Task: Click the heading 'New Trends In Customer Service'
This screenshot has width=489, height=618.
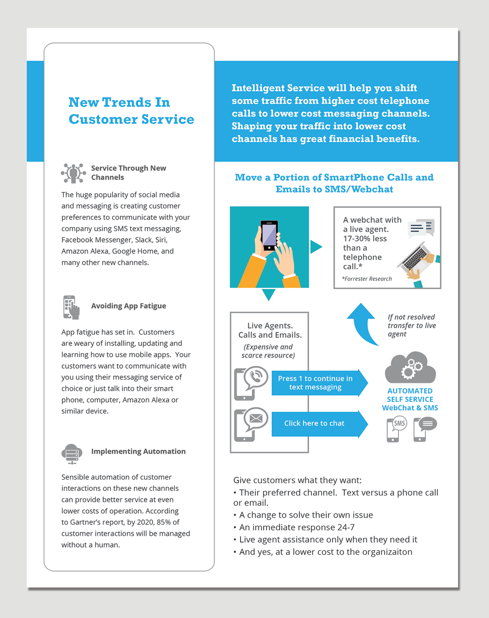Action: point(131,110)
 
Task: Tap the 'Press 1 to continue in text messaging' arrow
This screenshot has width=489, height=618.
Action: point(317,383)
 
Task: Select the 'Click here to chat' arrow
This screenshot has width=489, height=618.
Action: point(317,423)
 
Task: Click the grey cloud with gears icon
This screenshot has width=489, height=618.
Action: point(410,368)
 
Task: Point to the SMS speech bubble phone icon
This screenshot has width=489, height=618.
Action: point(396,429)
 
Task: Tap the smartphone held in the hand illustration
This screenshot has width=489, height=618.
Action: point(269,235)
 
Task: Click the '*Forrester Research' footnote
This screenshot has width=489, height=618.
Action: point(367,279)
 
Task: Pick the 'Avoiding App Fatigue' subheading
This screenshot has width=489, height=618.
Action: point(128,306)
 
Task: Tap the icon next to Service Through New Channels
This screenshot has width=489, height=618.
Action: point(73,173)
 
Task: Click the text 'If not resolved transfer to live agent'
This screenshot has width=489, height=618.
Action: point(411,325)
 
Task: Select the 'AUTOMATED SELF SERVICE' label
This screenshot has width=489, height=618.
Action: point(410,395)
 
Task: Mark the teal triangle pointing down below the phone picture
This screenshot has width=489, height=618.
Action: point(268,294)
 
